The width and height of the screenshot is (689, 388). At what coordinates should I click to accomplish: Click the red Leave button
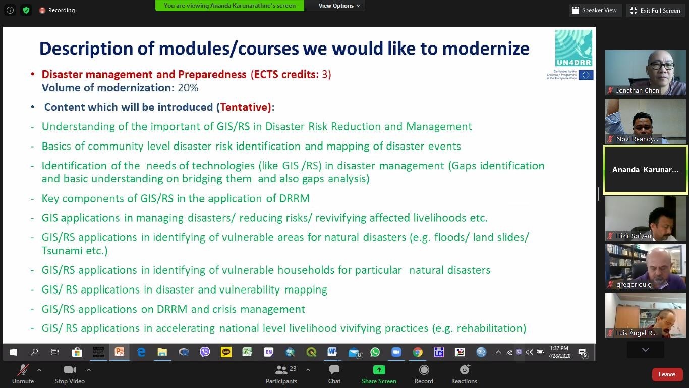[666, 374]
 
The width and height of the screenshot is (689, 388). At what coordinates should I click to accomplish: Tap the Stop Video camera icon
[70, 370]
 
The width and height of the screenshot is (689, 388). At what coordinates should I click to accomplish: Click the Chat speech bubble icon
[334, 370]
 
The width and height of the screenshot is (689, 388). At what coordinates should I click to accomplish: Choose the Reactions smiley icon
[464, 369]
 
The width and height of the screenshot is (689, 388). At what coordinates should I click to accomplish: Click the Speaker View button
[594, 11]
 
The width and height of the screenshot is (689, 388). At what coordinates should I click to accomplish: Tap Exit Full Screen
[655, 11]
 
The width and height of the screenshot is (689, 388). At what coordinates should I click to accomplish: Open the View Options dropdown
[339, 6]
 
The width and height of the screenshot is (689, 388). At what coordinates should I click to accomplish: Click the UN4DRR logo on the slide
[573, 48]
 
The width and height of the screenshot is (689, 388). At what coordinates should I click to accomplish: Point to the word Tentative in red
[245, 107]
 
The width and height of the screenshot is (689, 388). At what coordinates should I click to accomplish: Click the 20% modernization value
[188, 88]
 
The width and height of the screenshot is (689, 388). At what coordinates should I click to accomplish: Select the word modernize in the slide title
[486, 48]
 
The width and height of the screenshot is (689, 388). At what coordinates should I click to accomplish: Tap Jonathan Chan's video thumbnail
[645, 73]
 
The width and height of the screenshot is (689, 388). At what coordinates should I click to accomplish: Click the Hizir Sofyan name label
[634, 236]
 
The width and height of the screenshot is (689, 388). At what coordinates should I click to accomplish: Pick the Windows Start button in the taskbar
[13, 352]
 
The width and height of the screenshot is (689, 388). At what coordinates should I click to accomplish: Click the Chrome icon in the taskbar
[418, 352]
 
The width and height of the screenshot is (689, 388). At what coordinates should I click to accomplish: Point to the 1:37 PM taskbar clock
[559, 348]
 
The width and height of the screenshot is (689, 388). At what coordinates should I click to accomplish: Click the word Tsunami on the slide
[62, 251]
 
